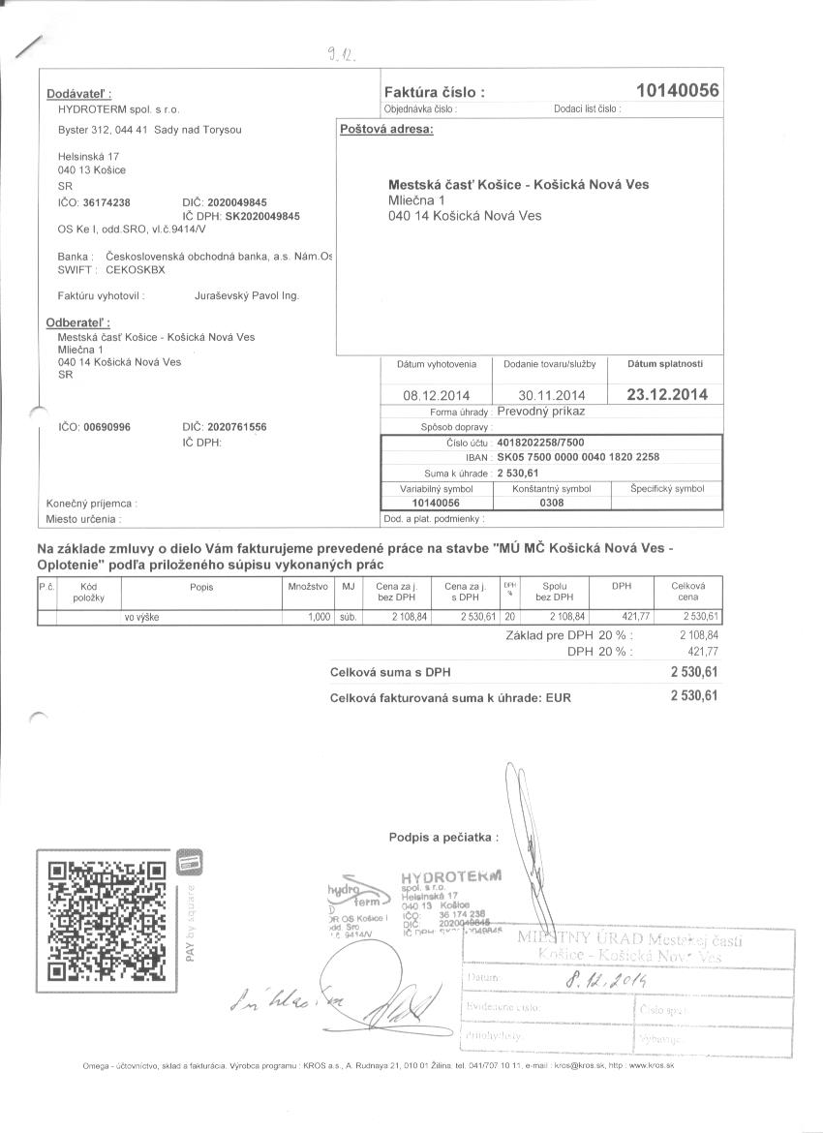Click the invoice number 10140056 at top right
pos(677,91)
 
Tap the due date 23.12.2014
pos(667,394)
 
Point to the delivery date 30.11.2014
pos(552,395)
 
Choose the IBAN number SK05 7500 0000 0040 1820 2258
pos(578,457)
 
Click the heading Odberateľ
pos(78,322)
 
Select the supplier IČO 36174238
pos(107,202)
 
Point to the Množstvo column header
pos(308,587)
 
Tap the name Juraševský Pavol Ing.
pos(247,294)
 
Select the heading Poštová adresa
pos(385,129)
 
